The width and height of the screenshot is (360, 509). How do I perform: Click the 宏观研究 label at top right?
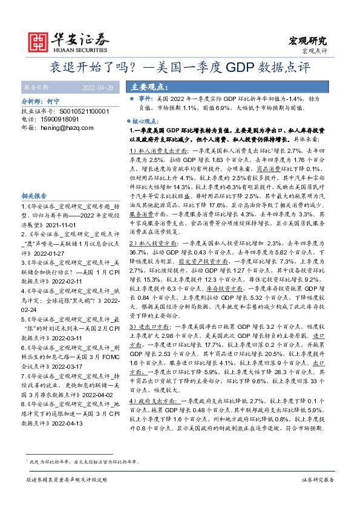point(307,41)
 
